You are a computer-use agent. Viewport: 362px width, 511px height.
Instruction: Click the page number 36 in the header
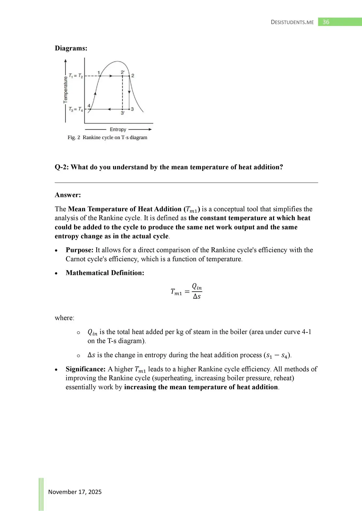[x=326, y=22]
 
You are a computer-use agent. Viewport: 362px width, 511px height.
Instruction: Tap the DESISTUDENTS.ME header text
[x=292, y=22]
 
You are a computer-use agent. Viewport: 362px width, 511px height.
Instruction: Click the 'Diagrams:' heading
[x=71, y=48]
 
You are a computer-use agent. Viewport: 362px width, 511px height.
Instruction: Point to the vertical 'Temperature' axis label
[x=66, y=90]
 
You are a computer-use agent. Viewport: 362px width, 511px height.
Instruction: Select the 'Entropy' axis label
[x=118, y=130]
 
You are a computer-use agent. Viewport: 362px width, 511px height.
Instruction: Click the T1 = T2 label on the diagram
[x=76, y=76]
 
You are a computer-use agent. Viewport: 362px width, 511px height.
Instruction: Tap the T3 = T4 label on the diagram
[x=76, y=109]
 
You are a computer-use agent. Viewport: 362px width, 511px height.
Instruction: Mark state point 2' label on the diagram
[x=123, y=72]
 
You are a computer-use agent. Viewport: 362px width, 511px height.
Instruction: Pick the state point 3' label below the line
[x=123, y=113]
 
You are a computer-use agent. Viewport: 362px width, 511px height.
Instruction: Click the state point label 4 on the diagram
[x=89, y=106]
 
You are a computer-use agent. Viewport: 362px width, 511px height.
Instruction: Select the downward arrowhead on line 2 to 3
[x=129, y=92]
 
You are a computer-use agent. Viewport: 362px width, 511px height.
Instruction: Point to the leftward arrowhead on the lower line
[x=109, y=109]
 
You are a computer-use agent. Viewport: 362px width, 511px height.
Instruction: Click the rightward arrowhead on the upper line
[x=111, y=76]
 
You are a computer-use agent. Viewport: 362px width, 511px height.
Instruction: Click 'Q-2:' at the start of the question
[x=62, y=167]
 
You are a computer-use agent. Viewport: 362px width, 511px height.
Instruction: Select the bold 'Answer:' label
[x=68, y=195]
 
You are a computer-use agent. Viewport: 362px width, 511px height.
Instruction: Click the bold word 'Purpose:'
[x=79, y=250]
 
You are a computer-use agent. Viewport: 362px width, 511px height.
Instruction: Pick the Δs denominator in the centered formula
[x=197, y=296]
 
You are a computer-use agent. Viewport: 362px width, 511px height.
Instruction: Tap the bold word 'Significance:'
[x=86, y=369]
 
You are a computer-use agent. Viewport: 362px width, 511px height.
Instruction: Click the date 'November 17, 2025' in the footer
[x=75, y=492]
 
